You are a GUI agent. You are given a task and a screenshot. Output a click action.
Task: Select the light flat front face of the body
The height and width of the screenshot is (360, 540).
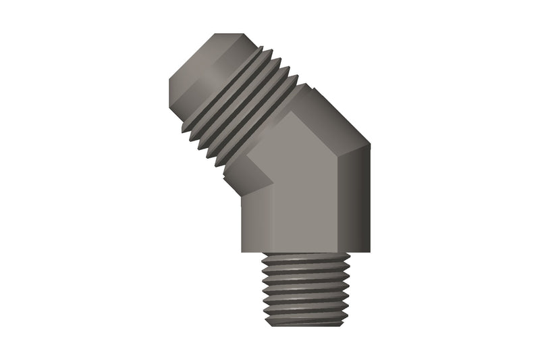point(307,196)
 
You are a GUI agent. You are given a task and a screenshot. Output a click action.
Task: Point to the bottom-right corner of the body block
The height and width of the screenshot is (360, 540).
point(370,252)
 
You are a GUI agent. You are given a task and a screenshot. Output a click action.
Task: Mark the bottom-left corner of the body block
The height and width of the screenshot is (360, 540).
point(242,252)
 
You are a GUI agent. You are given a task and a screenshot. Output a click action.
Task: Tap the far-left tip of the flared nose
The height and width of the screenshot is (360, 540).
point(169,95)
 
